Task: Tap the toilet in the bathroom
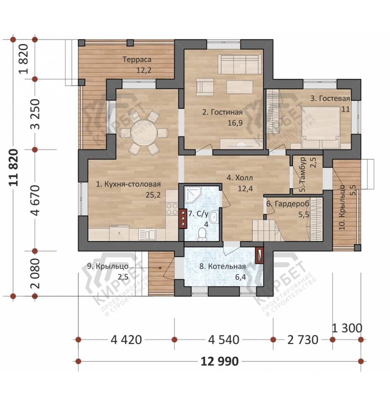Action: pos(202,234)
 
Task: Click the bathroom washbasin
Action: pos(213,218)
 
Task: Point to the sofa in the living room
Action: pos(240,64)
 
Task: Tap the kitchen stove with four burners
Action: pos(172,209)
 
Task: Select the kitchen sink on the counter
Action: pos(147,234)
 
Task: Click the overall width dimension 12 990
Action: pos(220,361)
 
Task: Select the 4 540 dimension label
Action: pos(223,340)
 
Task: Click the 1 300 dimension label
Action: pos(347,328)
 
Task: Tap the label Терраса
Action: pos(137,60)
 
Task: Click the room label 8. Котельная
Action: pos(223,266)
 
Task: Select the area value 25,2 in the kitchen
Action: pos(153,195)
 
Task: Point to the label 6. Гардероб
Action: pos(288,204)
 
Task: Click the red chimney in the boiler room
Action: pos(259,255)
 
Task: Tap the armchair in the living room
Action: pos(205,87)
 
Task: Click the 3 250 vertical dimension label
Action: pos(36,114)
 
